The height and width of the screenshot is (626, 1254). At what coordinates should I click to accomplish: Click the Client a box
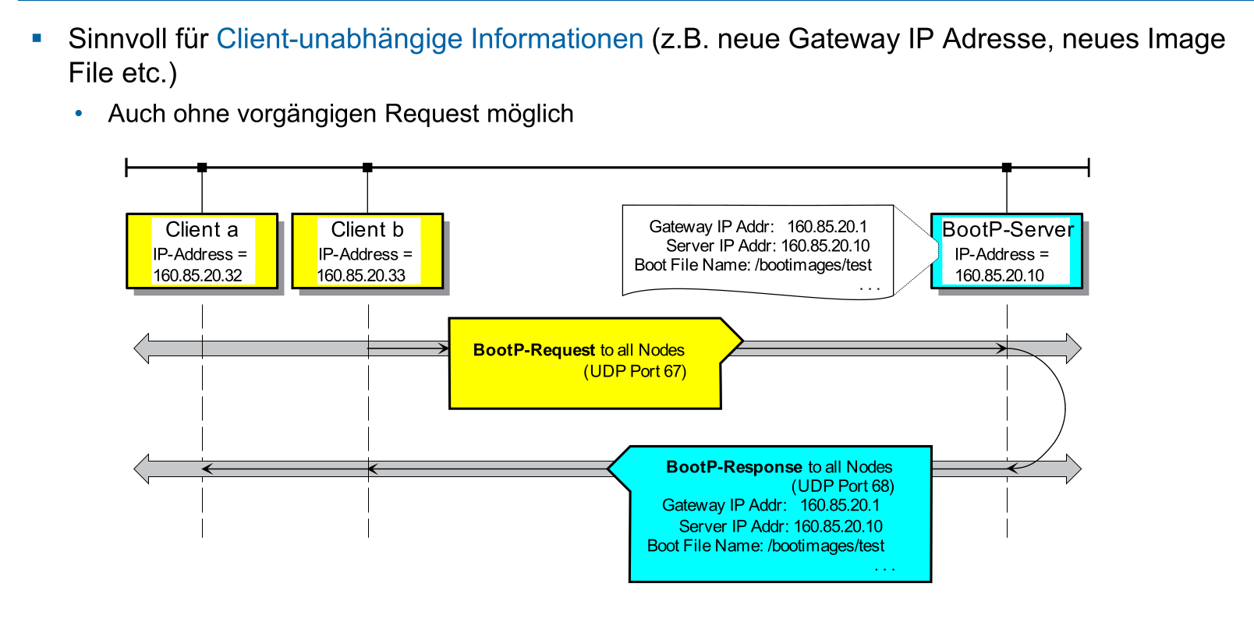coord(202,251)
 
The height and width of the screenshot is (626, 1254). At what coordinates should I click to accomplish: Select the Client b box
coord(367,251)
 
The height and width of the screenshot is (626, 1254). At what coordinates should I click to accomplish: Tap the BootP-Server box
coord(1007,251)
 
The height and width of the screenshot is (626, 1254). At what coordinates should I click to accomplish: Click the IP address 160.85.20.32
coord(198,275)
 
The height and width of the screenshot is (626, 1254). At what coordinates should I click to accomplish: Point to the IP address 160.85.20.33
coord(362,275)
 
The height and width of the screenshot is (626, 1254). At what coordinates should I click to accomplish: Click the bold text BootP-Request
coord(534,350)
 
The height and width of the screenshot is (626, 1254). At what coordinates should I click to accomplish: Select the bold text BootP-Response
coord(734,467)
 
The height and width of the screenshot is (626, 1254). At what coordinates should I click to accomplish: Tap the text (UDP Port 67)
coord(635,371)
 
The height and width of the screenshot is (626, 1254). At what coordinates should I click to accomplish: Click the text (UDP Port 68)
coord(843,486)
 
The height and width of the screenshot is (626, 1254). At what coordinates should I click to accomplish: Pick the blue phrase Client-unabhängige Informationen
coord(430,39)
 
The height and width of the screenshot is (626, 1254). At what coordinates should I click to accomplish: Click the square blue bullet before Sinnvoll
coord(37,37)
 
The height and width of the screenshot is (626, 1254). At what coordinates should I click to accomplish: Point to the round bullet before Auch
coord(79,114)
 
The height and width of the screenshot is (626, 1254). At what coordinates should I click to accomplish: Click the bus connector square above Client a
coord(202,168)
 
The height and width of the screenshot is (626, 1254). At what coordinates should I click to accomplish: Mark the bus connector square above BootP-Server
coord(1007,168)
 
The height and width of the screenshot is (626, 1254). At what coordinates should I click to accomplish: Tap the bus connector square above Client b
coord(367,168)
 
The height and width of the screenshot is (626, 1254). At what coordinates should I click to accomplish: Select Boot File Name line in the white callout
coord(753,265)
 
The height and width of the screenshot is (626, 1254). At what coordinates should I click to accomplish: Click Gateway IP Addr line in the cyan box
coord(770,505)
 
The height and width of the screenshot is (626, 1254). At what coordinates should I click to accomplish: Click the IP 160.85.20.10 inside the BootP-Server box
coord(1000,275)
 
